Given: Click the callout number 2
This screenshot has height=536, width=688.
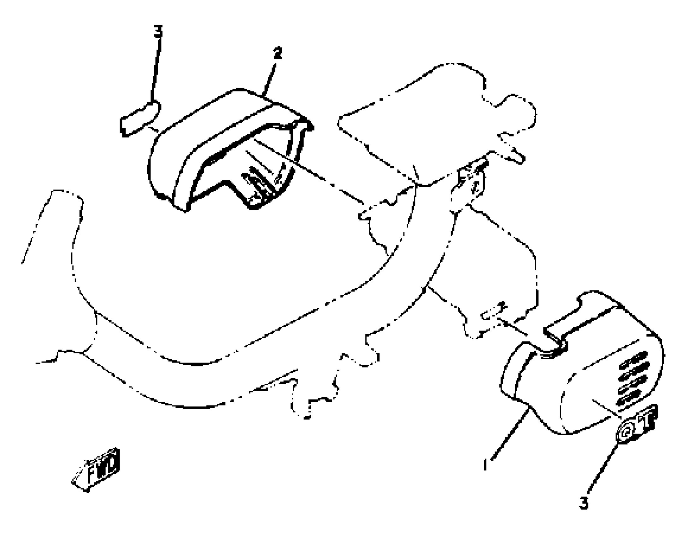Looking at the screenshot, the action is point(277,54).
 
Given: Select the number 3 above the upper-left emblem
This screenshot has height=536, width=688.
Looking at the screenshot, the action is point(158,32).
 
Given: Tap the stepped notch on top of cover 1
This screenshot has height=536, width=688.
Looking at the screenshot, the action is point(555,337).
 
